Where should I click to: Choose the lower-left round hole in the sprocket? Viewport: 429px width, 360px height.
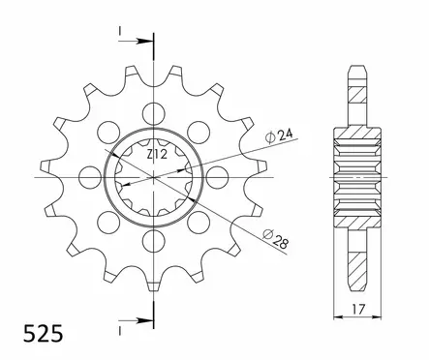tap(107, 223)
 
